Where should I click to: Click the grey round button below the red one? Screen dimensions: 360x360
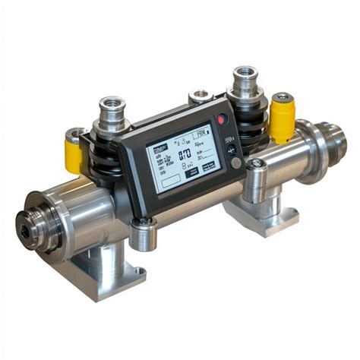[236, 162]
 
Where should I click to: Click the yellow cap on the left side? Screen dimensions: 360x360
[74, 152]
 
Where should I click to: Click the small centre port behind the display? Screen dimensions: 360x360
[201, 96]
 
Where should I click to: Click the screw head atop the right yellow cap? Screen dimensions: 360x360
[283, 97]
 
